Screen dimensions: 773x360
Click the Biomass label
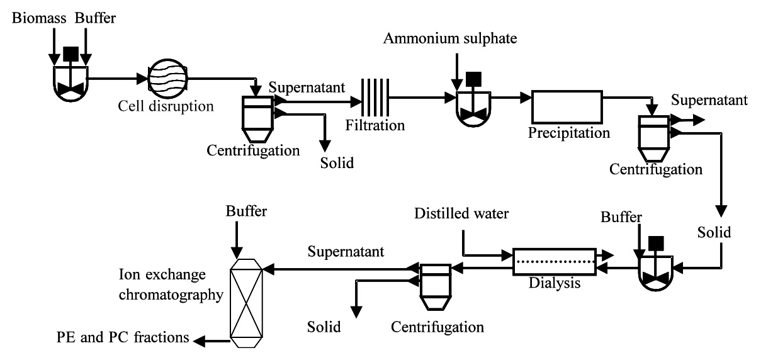[x=39, y=18]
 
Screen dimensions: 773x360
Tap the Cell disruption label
[x=166, y=106]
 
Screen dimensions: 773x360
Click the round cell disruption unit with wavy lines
[x=167, y=79]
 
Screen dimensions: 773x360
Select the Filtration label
[x=375, y=125]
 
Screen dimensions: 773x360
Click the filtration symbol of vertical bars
[x=375, y=98]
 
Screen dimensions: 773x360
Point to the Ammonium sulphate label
[x=450, y=38]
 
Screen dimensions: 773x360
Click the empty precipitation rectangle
[x=567, y=106]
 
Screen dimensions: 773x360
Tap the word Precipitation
[x=569, y=133]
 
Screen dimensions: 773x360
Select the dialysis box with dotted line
[x=555, y=262]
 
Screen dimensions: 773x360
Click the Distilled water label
[x=461, y=213]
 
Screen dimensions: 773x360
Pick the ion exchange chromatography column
[x=246, y=303]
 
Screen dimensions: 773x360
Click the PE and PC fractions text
[x=123, y=337]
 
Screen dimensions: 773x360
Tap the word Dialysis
[x=555, y=283]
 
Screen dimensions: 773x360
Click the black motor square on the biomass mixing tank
[x=71, y=54]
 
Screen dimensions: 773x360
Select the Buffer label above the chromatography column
[x=246, y=211]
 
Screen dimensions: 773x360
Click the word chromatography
[x=171, y=295]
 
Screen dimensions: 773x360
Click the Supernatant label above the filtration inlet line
[x=307, y=87]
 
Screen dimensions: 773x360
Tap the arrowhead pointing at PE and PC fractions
[x=199, y=342]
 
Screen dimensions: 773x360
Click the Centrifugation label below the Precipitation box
[x=656, y=170]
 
